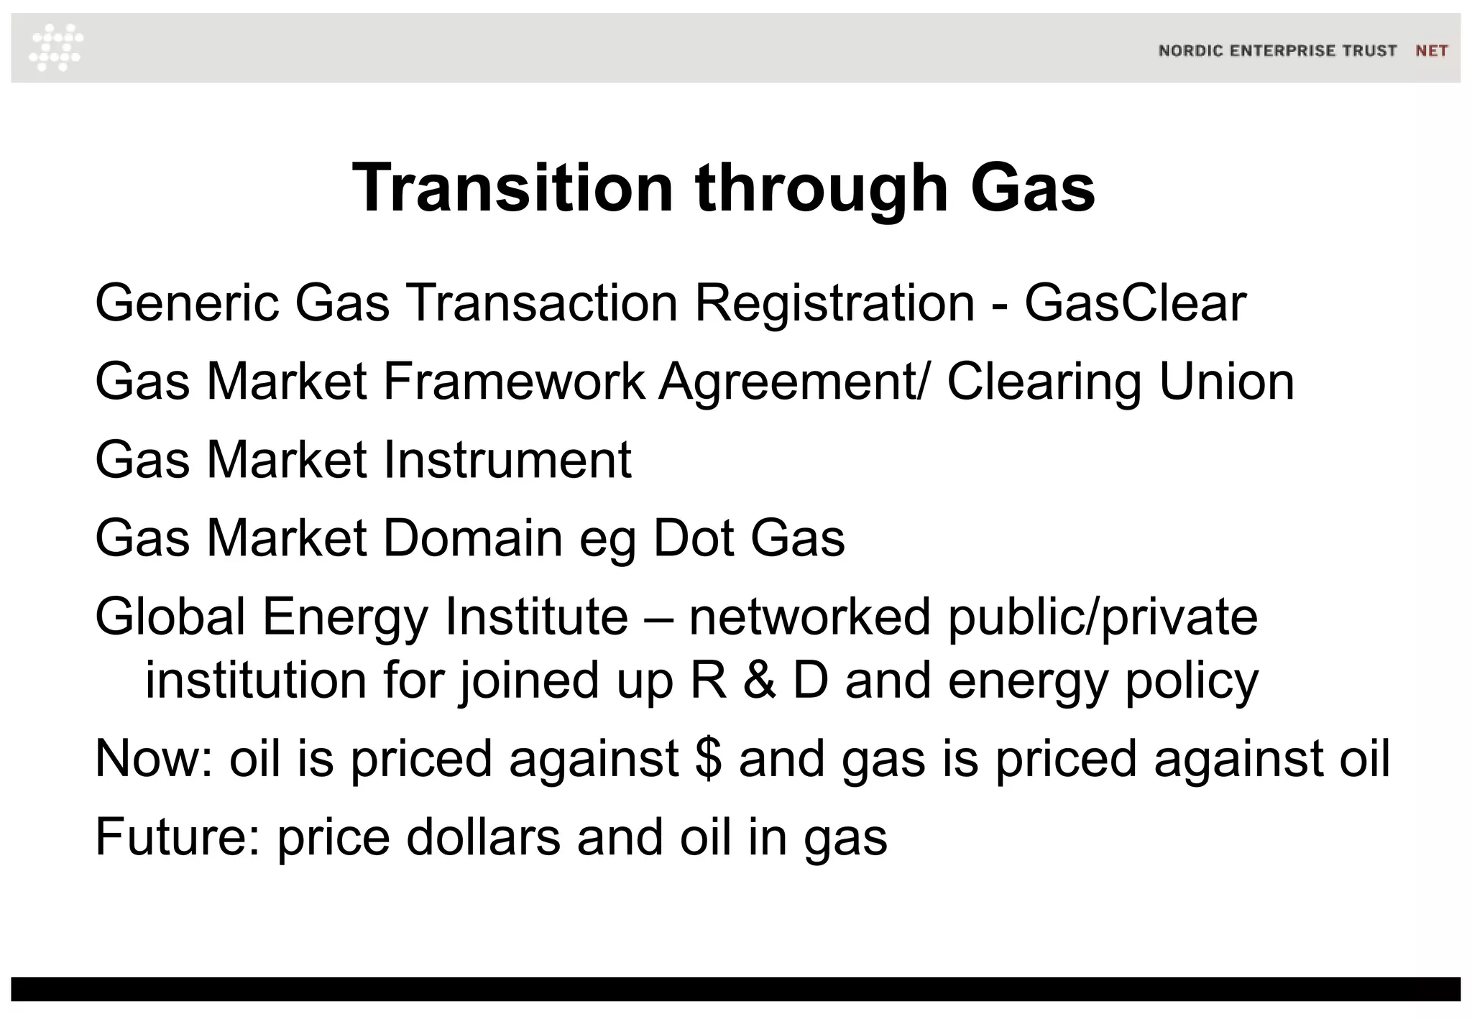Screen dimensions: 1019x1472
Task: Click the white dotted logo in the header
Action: click(x=56, y=47)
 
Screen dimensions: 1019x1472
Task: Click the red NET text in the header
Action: click(x=1431, y=51)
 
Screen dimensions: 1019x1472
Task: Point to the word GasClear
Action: click(x=1135, y=303)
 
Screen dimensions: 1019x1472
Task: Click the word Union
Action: click(x=1226, y=382)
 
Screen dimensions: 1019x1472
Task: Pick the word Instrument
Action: click(x=507, y=460)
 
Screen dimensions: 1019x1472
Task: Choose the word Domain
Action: click(x=472, y=538)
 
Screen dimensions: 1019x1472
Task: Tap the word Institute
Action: click(x=536, y=617)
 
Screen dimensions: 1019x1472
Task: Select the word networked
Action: click(x=809, y=617)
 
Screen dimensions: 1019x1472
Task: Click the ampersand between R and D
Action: click(x=760, y=680)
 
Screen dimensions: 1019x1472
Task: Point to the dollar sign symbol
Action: click(x=708, y=759)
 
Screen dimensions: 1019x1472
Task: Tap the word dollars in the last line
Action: click(x=483, y=837)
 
